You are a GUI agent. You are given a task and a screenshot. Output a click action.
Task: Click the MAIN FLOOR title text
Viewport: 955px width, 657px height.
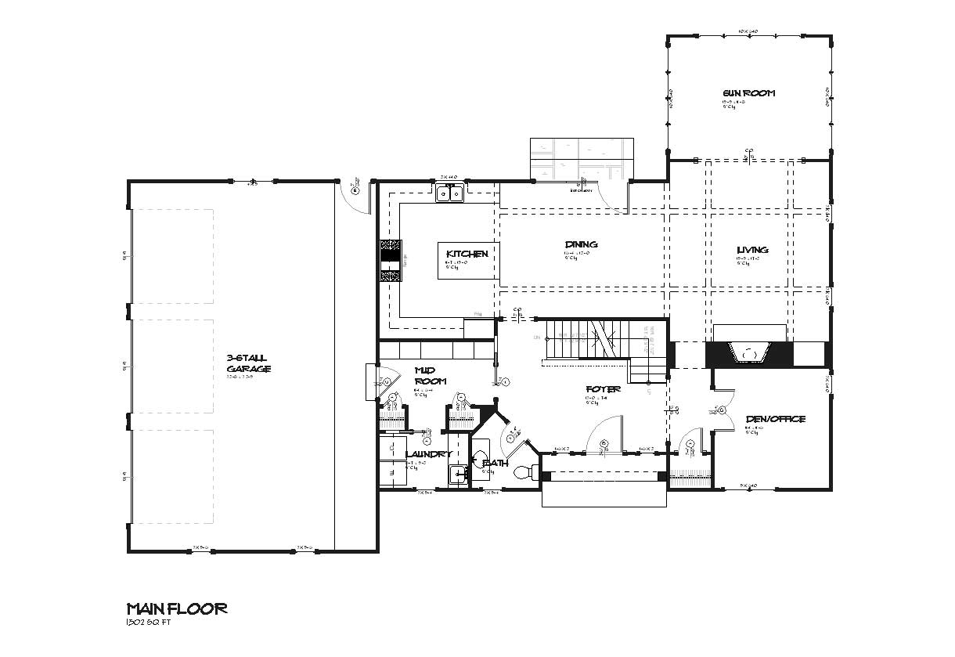click(x=177, y=608)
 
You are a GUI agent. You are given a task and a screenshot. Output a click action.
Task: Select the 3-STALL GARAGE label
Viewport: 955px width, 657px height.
click(x=249, y=363)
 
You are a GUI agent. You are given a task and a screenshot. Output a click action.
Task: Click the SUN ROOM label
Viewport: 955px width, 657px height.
click(x=748, y=93)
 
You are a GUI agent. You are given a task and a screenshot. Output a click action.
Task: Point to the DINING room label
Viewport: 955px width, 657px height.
click(x=581, y=245)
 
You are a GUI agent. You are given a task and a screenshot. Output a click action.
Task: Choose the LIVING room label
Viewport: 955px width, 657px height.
click(x=751, y=251)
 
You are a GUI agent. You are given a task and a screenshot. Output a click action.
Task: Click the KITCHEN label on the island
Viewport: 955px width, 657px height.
click(x=467, y=254)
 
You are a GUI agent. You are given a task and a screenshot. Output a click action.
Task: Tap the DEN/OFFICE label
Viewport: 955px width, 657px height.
click(x=774, y=420)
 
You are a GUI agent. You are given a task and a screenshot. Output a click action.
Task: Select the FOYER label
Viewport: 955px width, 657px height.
click(x=603, y=389)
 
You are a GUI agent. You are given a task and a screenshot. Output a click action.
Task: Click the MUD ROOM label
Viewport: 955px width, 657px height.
click(x=430, y=376)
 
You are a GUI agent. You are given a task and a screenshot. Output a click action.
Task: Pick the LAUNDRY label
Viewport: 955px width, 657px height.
click(x=427, y=454)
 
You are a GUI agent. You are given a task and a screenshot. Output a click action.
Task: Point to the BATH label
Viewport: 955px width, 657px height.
click(x=496, y=463)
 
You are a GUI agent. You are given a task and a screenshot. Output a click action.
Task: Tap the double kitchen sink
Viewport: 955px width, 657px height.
click(x=450, y=193)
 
